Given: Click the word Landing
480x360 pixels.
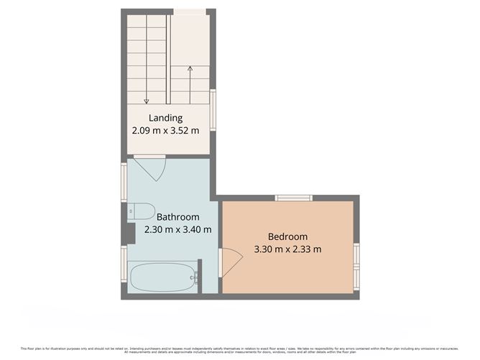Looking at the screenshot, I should coord(165,119).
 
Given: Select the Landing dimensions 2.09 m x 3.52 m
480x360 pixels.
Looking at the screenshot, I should coord(165,131).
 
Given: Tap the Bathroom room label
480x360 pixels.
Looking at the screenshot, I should coord(177,217).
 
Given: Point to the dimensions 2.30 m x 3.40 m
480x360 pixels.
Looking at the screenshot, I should coord(177,230).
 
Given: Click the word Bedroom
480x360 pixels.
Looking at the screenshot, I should coord(287,236).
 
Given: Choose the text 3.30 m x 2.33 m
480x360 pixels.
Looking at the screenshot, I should coord(287,249).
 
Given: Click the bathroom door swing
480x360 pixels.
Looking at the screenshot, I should coord(153,168).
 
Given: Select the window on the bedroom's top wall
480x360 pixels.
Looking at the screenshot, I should coord(292,198).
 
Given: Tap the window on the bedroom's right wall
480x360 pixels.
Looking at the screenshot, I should coord(356,256).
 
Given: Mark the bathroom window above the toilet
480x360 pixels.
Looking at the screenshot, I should coord(124,180).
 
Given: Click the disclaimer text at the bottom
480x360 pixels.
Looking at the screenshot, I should coord(240,349).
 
